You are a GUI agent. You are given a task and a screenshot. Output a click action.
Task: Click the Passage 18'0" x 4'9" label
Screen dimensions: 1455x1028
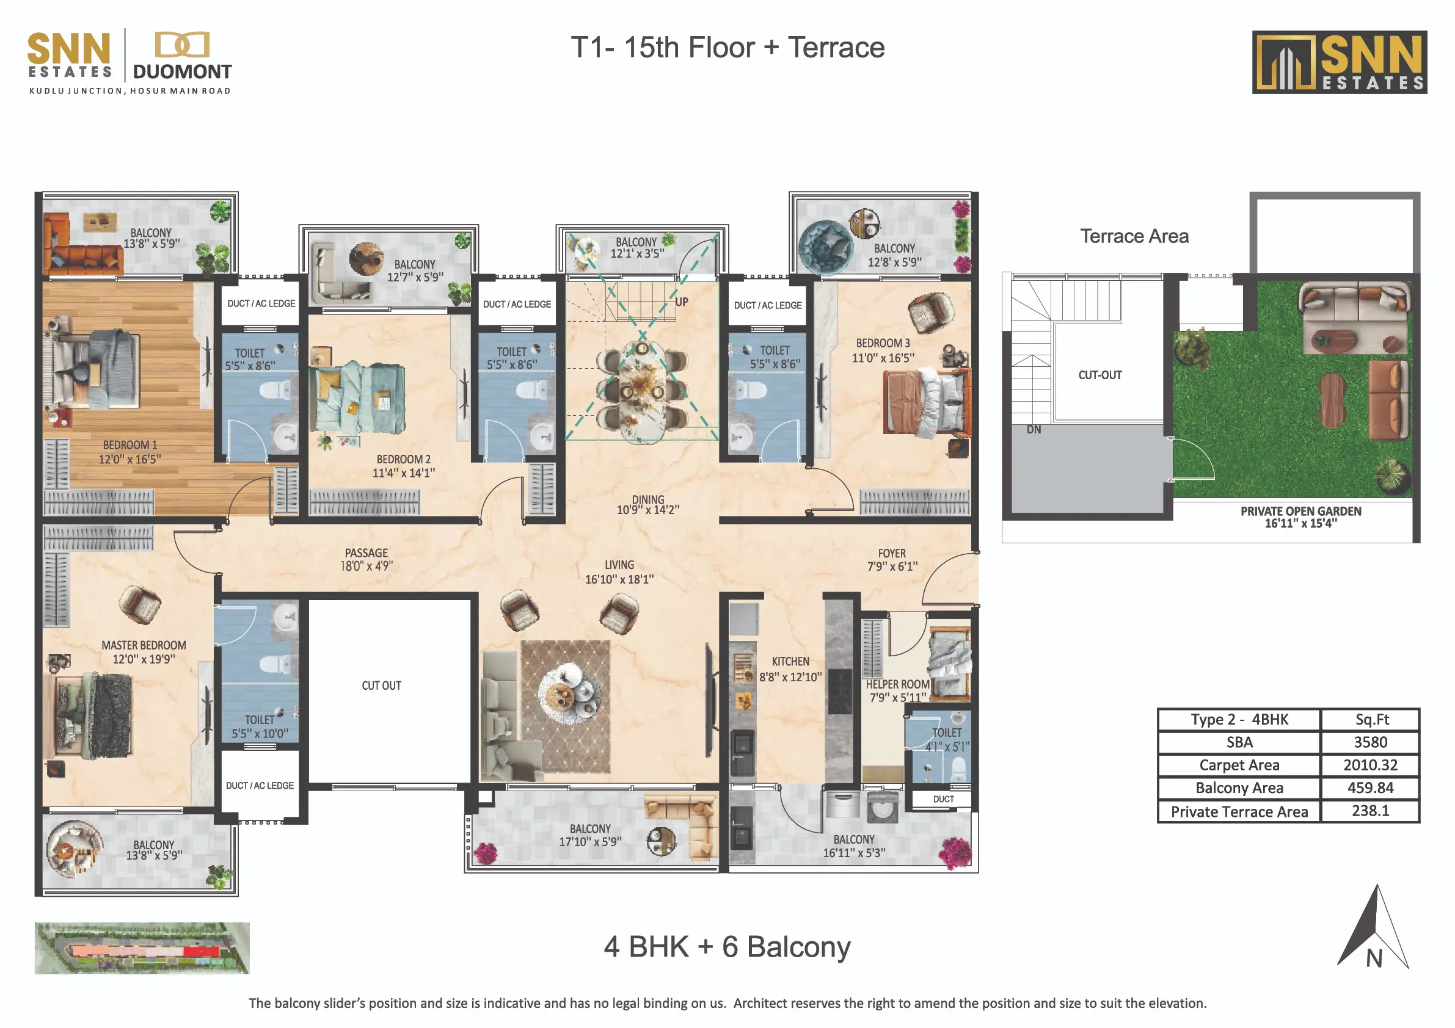(x=366, y=559)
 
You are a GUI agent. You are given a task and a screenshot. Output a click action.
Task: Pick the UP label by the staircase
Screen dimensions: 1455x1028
(x=681, y=302)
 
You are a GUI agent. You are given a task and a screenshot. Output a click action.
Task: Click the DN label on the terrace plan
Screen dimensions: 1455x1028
(x=1034, y=429)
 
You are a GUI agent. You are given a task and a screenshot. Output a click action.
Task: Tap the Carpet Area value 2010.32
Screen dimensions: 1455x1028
(x=1370, y=764)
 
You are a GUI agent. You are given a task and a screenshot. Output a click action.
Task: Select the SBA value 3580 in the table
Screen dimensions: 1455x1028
(x=1370, y=742)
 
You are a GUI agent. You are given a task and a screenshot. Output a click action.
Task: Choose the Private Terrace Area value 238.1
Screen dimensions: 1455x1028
(x=1370, y=811)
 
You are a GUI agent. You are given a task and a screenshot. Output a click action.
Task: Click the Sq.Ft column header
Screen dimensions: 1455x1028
(x=1372, y=720)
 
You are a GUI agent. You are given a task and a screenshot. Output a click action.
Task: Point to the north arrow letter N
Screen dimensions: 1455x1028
(x=1374, y=959)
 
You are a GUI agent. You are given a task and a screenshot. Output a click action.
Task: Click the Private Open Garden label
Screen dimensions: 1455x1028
(x=1300, y=517)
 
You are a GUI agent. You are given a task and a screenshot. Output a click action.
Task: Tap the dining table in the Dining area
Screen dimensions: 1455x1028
(x=642, y=391)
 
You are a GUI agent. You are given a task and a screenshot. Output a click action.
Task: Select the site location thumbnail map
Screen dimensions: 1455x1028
(x=142, y=948)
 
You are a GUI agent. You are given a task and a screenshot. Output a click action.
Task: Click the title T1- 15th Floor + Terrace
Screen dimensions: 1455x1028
(x=727, y=48)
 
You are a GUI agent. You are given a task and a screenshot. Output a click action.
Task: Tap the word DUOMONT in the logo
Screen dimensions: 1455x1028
(x=182, y=71)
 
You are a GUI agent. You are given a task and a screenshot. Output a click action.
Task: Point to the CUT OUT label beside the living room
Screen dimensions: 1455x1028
(x=381, y=686)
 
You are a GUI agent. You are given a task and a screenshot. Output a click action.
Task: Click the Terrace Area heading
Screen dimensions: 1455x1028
(x=1134, y=236)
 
